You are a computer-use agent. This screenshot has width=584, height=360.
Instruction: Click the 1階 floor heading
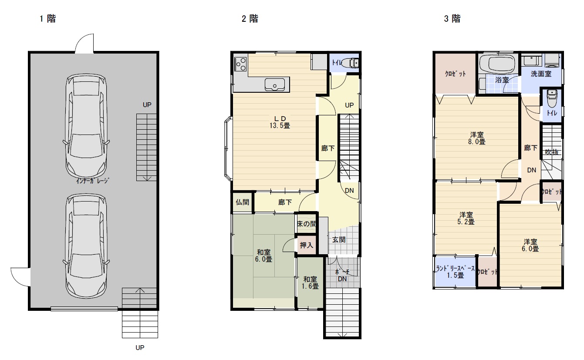coord(48,19)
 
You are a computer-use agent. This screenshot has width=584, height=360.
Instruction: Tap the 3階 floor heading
coord(452,19)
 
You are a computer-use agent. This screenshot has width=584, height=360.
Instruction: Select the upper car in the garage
coord(86,126)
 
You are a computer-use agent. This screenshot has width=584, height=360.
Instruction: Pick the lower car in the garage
coord(86,246)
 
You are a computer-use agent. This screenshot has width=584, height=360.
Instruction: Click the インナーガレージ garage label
coord(93,181)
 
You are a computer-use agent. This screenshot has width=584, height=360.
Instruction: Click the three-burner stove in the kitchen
coord(240,64)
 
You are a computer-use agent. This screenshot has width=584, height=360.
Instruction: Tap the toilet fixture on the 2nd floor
coord(350,63)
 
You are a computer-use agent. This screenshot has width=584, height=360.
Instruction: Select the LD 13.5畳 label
coord(280,122)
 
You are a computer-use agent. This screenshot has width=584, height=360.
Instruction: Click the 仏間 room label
coord(243,202)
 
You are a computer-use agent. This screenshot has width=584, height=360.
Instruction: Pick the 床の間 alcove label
coord(307,224)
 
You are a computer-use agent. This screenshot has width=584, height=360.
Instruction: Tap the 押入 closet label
coord(306,245)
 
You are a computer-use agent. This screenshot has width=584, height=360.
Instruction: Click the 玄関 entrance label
coord(339,239)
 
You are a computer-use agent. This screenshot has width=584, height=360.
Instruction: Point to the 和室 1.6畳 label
coord(310,283)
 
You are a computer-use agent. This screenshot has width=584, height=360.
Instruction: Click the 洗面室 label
coord(541,74)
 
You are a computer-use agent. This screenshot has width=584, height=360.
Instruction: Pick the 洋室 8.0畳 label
coord(477,138)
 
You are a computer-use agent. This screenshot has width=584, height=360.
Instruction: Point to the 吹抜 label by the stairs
coord(552,152)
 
